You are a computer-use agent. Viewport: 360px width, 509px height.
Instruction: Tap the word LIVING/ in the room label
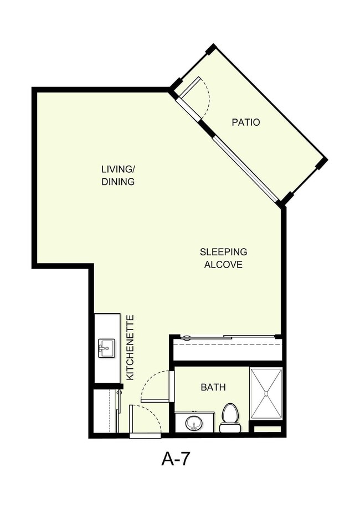click(x=117, y=169)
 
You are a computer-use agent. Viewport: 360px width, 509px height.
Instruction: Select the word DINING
click(x=117, y=182)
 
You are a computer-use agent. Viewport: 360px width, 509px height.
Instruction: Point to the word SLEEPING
click(x=223, y=252)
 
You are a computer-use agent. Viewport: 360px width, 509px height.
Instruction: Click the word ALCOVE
click(x=223, y=265)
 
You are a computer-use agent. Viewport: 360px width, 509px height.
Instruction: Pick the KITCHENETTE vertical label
click(x=131, y=347)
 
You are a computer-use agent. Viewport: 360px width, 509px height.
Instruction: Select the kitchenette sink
click(x=106, y=348)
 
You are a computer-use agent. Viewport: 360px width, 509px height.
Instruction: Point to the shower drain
click(x=266, y=394)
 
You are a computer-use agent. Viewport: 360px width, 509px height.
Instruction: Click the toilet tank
click(x=230, y=428)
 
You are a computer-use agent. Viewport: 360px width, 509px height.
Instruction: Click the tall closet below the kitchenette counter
click(x=104, y=410)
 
